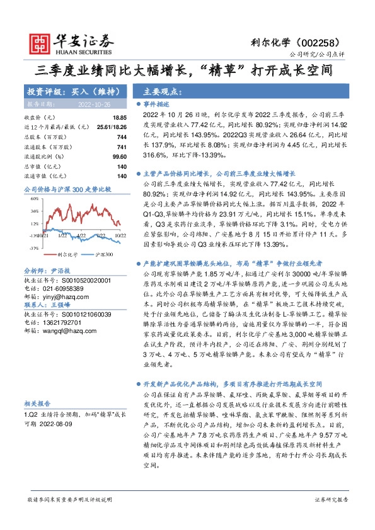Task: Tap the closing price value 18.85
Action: pos(119,118)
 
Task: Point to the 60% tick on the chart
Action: pos(34,198)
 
